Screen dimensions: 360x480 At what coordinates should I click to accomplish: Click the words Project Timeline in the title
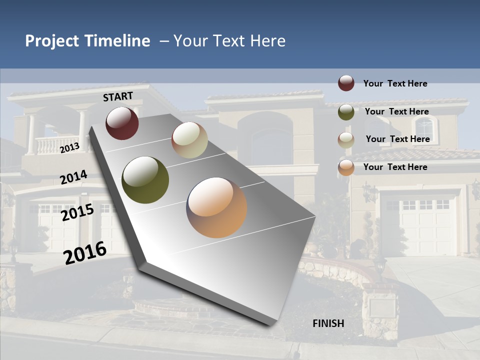[x=87, y=41]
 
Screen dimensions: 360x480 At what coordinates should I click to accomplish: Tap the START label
[x=118, y=96]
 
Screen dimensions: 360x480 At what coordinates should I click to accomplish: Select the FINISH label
[x=328, y=323]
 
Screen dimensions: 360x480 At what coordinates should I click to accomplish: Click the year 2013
[x=69, y=148]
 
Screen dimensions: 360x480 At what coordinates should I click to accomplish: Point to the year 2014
[x=73, y=177]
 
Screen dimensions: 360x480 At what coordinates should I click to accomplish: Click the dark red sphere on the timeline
[x=122, y=123]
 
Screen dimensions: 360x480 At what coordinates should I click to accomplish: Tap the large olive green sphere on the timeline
[x=145, y=180]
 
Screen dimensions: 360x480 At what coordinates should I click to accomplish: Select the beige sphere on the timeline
[x=189, y=140]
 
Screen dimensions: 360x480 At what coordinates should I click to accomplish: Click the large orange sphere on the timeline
[x=216, y=207]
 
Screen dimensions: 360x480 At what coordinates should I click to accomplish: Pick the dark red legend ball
[x=346, y=83]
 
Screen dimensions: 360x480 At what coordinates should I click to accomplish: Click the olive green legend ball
[x=346, y=112]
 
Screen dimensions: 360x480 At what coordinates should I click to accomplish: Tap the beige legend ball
[x=346, y=140]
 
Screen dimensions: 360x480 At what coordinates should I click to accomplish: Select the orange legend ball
[x=346, y=167]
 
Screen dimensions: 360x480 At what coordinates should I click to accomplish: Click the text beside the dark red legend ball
[x=395, y=83]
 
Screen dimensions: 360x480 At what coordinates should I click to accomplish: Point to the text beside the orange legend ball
[x=395, y=167]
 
